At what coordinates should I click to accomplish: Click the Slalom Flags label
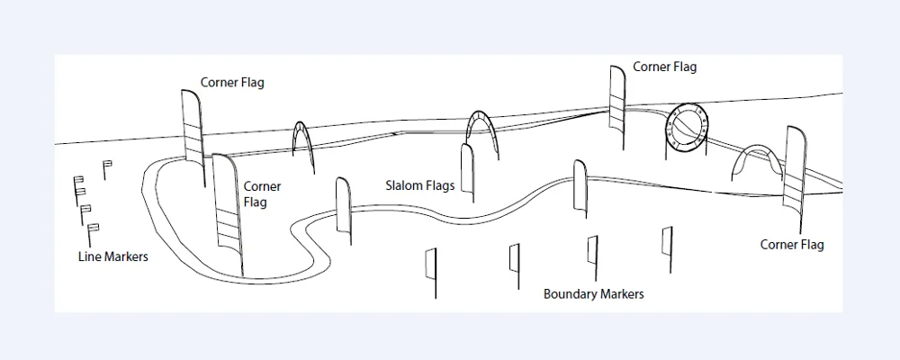pos(419,186)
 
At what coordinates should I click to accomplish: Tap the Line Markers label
pos(113,256)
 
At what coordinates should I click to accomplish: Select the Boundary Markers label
pos(593,294)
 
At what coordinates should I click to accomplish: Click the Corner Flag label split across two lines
pos(262,194)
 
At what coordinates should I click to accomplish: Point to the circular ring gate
pos(687,127)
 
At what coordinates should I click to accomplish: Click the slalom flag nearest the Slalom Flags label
pos(467,171)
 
